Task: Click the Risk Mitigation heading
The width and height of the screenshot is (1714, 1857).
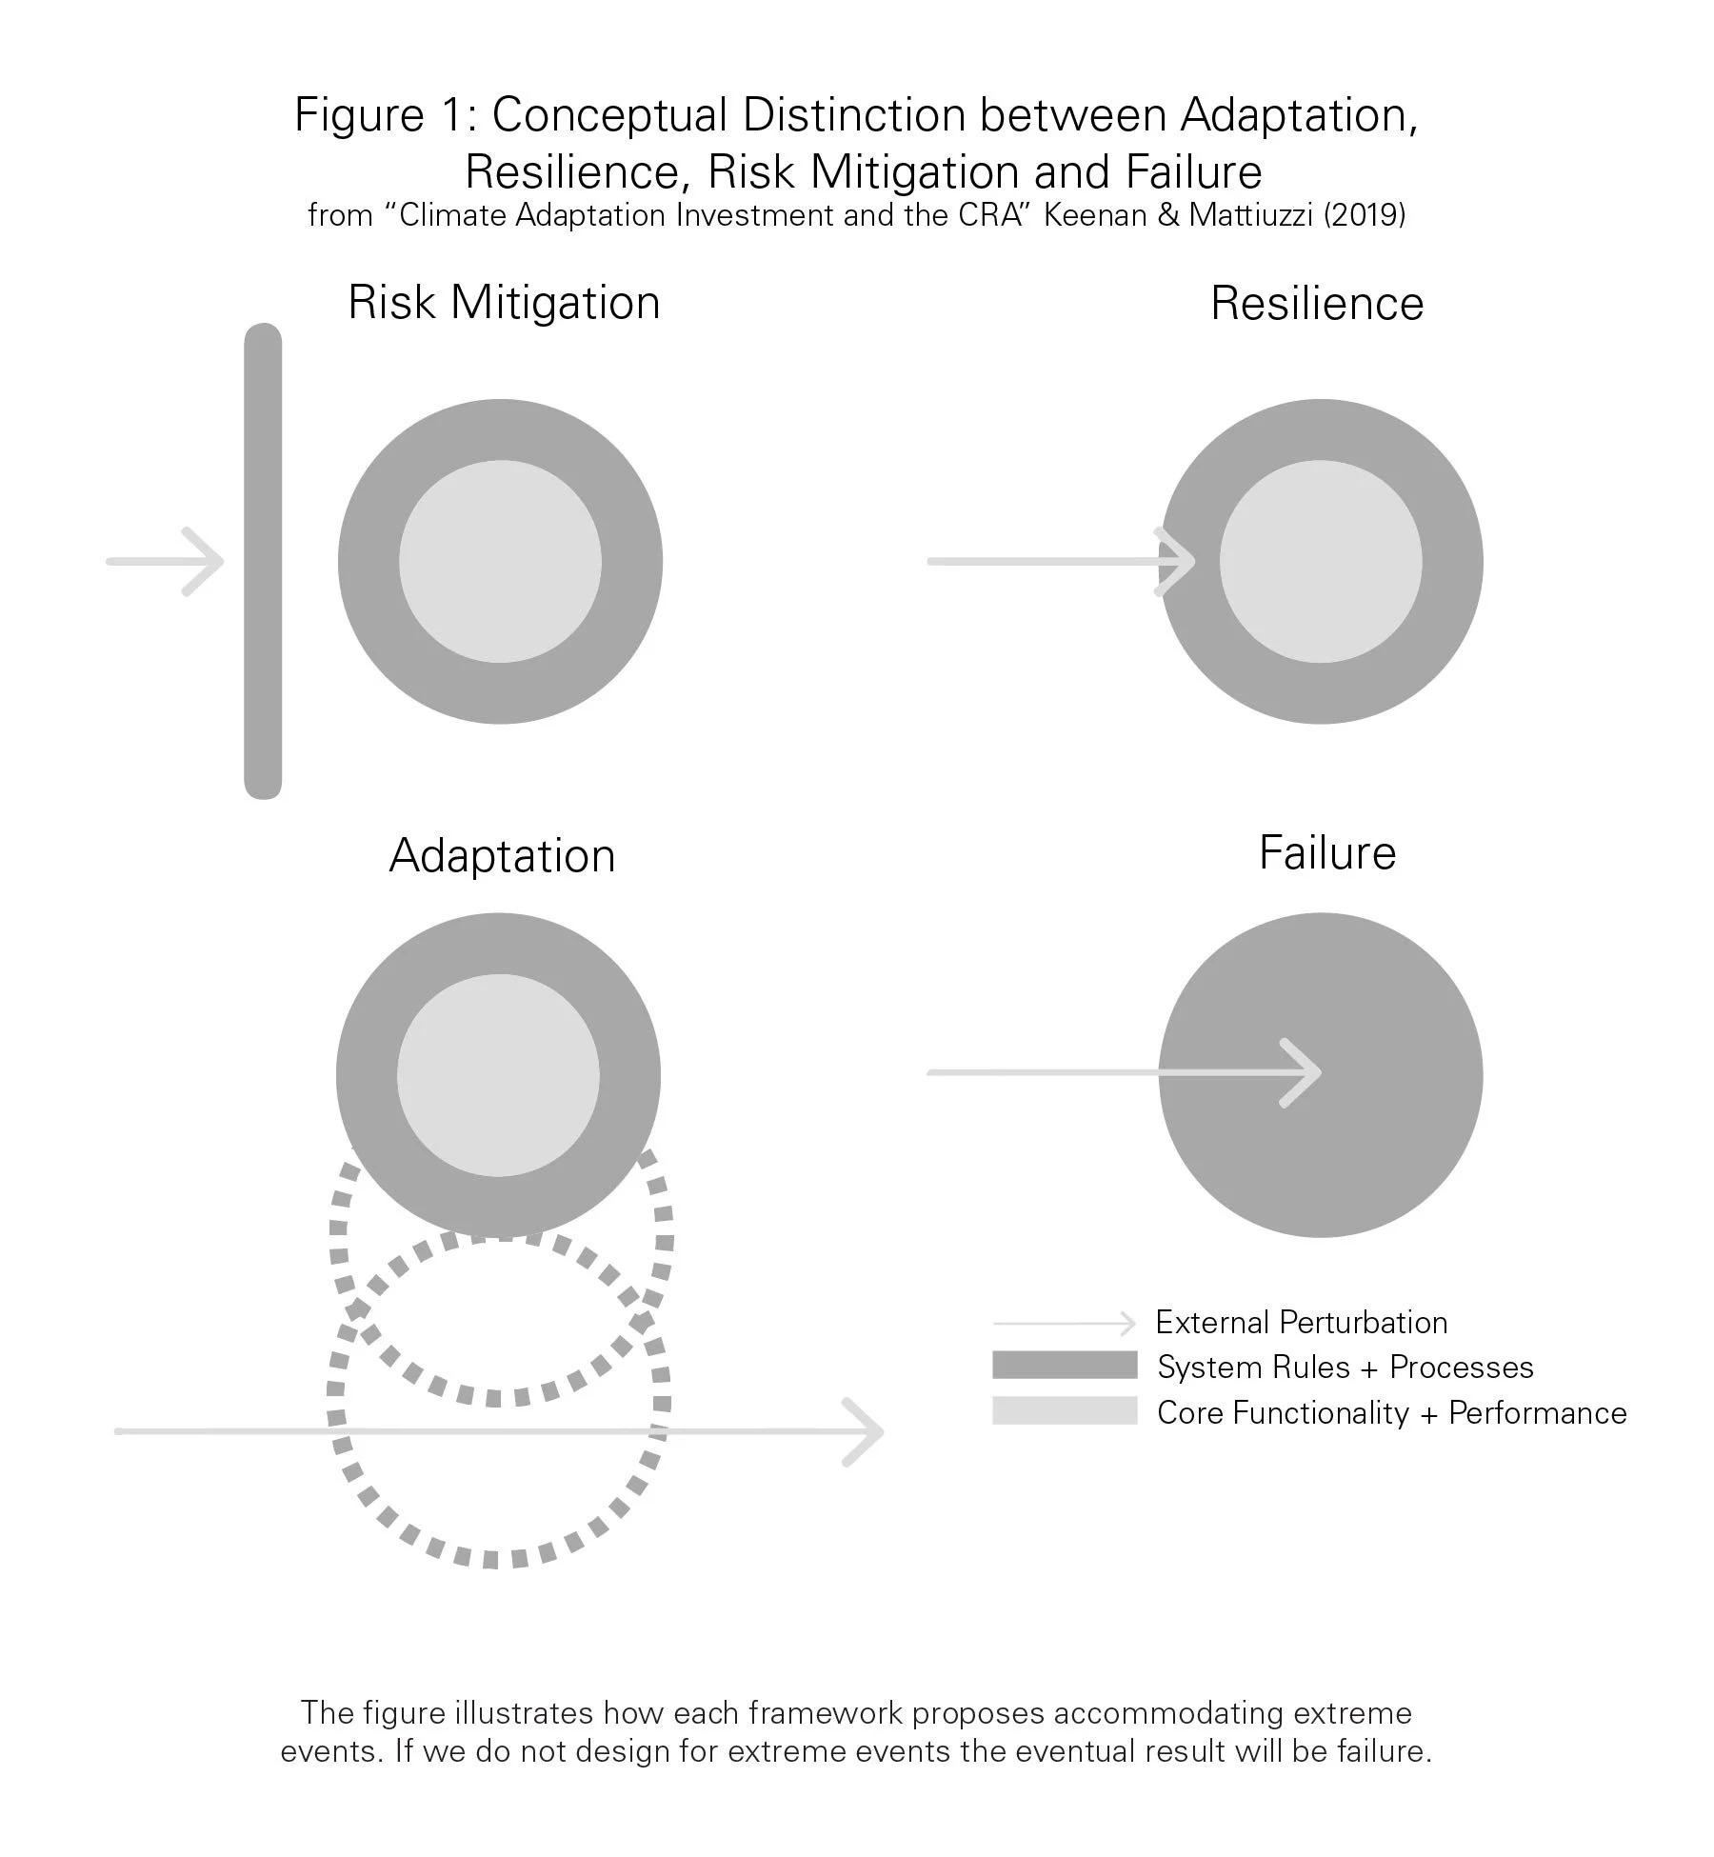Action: [x=504, y=304]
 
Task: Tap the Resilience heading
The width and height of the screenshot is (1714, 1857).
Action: [x=1317, y=305]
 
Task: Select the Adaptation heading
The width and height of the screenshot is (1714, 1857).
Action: [x=502, y=856]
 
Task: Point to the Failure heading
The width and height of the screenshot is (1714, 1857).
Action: [x=1327, y=852]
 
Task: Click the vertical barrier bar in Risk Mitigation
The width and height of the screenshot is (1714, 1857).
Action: [x=263, y=561]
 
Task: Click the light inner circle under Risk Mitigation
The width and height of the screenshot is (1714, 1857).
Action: [x=500, y=561]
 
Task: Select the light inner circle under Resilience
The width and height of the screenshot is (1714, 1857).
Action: [x=1321, y=561]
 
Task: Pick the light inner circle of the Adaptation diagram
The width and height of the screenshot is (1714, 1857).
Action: [x=498, y=1076]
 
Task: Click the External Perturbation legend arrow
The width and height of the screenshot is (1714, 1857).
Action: [x=1065, y=1324]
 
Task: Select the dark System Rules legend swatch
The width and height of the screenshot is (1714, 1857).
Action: [x=1065, y=1366]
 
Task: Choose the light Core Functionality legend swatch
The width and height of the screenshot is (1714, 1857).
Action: [x=1065, y=1410]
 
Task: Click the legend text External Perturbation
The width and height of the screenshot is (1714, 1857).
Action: [x=1301, y=1323]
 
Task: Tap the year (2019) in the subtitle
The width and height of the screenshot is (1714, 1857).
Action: [x=1365, y=215]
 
